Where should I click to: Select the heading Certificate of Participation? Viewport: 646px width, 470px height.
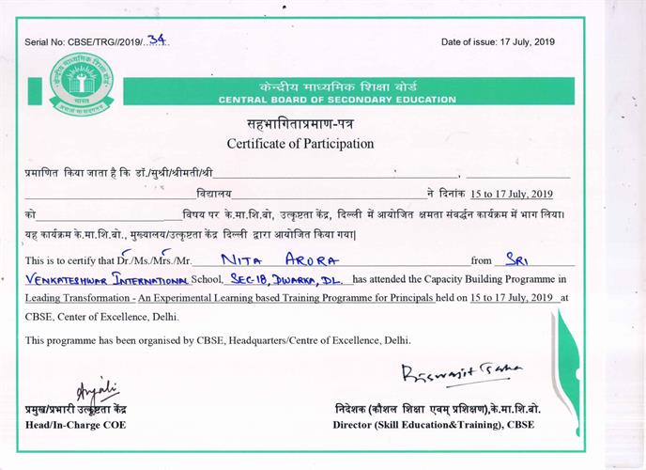300,144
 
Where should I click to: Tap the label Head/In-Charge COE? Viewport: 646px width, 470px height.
76,425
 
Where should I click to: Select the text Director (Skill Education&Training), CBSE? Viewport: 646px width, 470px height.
437,425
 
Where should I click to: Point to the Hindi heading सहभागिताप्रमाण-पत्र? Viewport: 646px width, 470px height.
300,124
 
